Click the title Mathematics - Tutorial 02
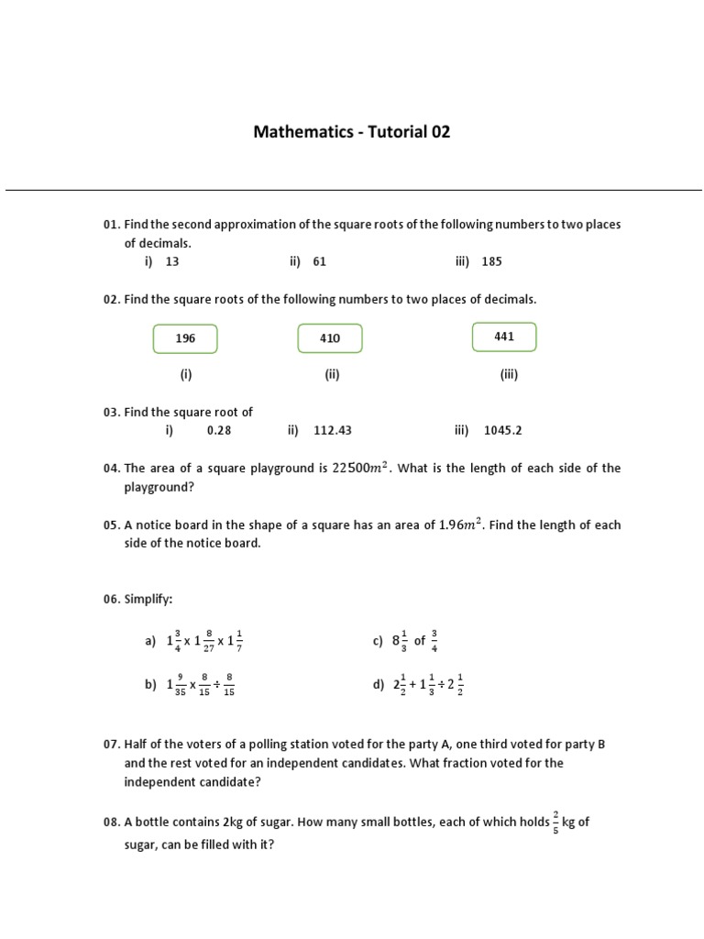point(352,132)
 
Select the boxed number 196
point(185,338)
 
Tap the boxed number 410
point(330,338)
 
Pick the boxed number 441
point(504,337)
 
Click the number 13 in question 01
point(172,261)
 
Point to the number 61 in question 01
point(319,261)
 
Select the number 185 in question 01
point(491,261)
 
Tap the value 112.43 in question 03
point(332,430)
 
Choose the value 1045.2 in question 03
point(502,430)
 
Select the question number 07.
point(112,745)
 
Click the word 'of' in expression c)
point(419,641)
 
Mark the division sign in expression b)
point(216,685)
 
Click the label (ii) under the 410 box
point(331,374)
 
